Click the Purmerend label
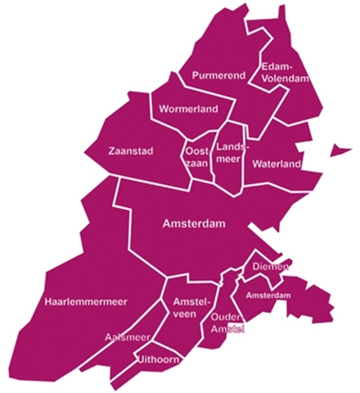point(218,75)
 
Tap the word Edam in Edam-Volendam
point(272,66)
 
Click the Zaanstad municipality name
point(131,151)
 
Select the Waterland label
point(277,164)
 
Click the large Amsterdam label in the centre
point(194,224)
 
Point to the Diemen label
point(269,267)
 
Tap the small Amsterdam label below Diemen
point(268,295)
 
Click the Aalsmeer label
point(127,337)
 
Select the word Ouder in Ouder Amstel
point(225,316)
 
